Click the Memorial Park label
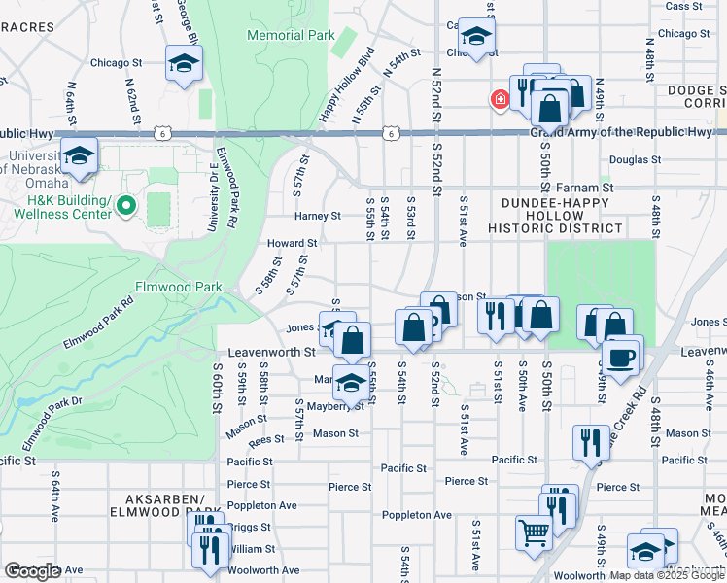click(291, 35)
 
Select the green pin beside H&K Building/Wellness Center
click(124, 206)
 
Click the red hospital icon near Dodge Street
click(500, 99)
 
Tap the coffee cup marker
click(622, 356)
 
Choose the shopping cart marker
click(532, 532)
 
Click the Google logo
click(32, 571)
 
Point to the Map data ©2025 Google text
click(667, 575)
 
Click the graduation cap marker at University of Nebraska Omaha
click(79, 155)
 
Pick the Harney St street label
click(319, 216)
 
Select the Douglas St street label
click(635, 159)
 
